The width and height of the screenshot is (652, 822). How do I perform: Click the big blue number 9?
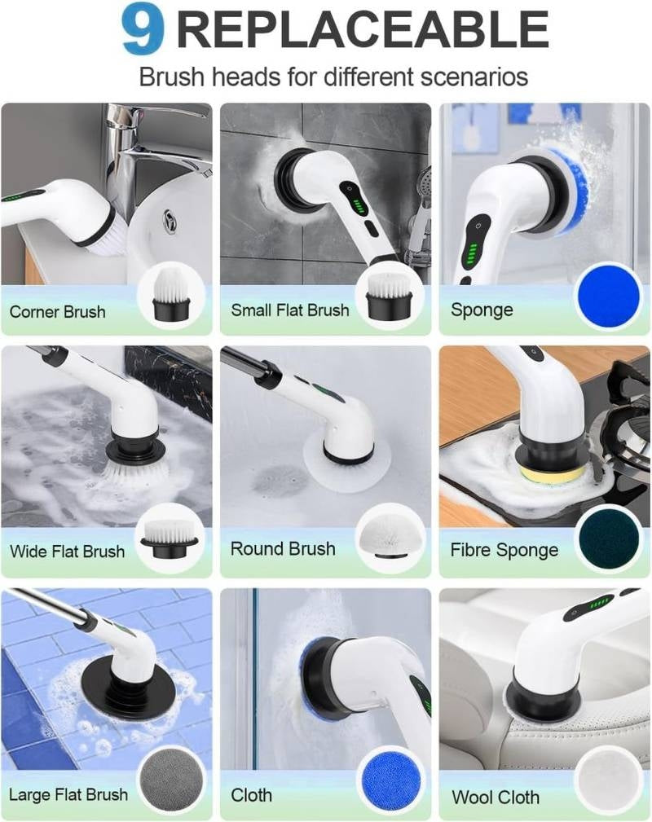[143, 29]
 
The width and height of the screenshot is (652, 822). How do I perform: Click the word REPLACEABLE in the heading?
[362, 30]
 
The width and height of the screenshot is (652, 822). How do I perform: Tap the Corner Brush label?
[57, 311]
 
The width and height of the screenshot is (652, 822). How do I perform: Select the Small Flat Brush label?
[289, 310]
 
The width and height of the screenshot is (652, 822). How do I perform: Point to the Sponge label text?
[482, 310]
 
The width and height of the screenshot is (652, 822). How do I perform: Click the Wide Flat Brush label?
[67, 551]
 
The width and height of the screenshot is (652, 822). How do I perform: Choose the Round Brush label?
[283, 549]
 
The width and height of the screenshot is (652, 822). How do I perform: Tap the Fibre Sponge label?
[504, 550]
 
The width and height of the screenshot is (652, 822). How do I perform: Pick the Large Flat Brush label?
[68, 794]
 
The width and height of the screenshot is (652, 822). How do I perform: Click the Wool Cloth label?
[495, 796]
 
